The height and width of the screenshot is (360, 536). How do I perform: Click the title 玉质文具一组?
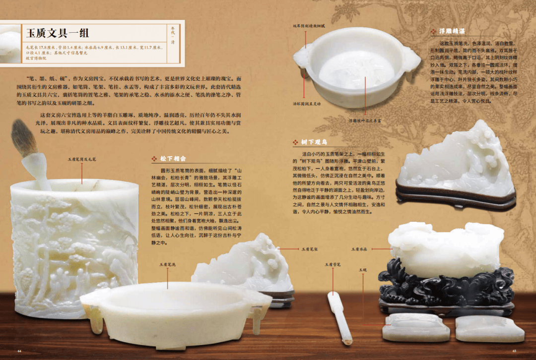pyautogui.click(x=58, y=33)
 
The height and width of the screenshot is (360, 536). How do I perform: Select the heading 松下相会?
pyautogui.click(x=173, y=159)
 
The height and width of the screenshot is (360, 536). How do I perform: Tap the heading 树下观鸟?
pyautogui.click(x=314, y=142)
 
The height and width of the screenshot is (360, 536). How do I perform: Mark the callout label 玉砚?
pyautogui.click(x=363, y=270)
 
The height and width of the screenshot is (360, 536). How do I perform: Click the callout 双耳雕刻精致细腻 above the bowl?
pyautogui.click(x=309, y=25)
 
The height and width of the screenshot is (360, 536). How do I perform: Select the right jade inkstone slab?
pyautogui.click(x=489, y=328)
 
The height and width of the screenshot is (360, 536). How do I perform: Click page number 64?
pyautogui.click(x=19, y=351)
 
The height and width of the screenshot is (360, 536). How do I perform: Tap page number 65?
pyautogui.click(x=515, y=351)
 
